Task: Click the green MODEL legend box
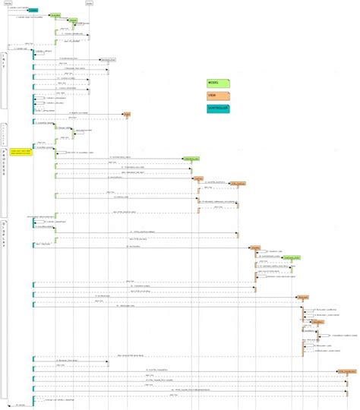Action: [217, 83]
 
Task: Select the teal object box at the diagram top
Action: [33, 11]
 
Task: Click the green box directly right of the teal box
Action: [55, 15]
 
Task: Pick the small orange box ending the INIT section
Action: [127, 115]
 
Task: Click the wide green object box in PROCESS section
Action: [191, 159]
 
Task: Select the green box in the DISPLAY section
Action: [289, 258]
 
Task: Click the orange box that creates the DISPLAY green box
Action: [256, 248]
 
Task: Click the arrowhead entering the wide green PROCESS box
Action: [181, 159]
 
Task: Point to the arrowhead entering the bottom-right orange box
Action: [336, 370]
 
